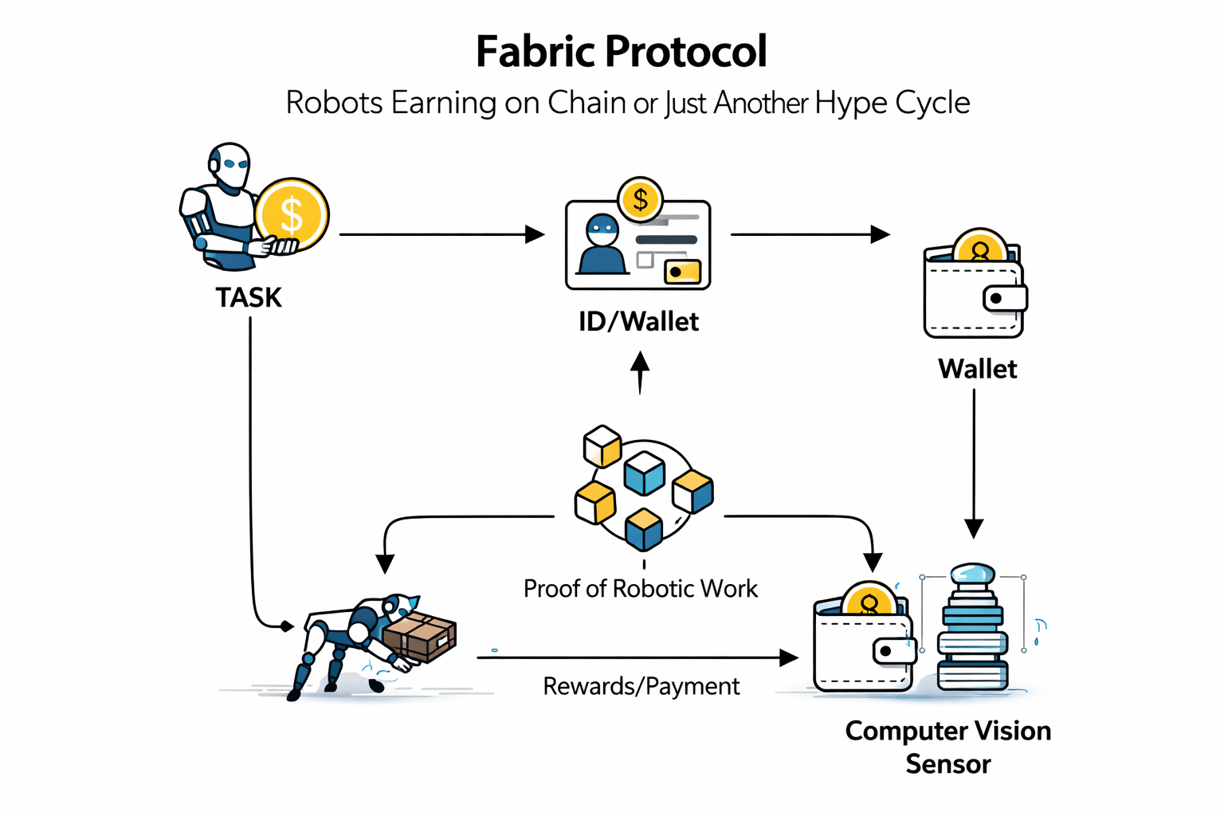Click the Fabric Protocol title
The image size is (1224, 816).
(x=621, y=52)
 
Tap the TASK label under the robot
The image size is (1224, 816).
(x=249, y=297)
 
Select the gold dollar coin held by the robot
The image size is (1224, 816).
(x=292, y=214)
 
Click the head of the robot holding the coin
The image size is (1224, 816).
(x=230, y=165)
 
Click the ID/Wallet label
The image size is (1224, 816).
(x=638, y=321)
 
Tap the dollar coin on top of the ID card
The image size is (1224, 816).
(x=640, y=199)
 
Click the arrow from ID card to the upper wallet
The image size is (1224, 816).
(x=809, y=234)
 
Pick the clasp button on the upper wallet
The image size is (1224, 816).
(x=1002, y=299)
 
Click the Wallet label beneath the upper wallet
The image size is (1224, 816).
(x=977, y=369)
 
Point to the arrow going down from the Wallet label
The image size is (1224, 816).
(x=974, y=462)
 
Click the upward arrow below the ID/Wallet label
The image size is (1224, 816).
(x=640, y=373)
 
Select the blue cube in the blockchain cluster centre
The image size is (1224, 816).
(x=644, y=473)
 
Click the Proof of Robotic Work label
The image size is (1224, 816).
(x=640, y=588)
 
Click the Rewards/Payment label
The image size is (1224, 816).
(x=641, y=686)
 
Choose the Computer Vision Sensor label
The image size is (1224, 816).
(x=947, y=747)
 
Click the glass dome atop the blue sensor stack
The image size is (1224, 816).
(x=972, y=575)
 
